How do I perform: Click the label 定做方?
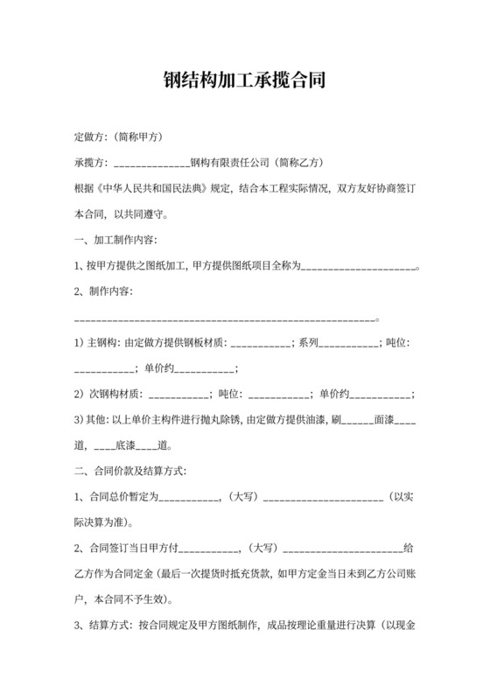(91, 137)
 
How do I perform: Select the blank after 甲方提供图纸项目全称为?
(358, 266)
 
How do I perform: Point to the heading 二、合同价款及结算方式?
(130, 472)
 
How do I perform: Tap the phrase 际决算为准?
(102, 523)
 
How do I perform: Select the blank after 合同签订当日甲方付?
(210, 549)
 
